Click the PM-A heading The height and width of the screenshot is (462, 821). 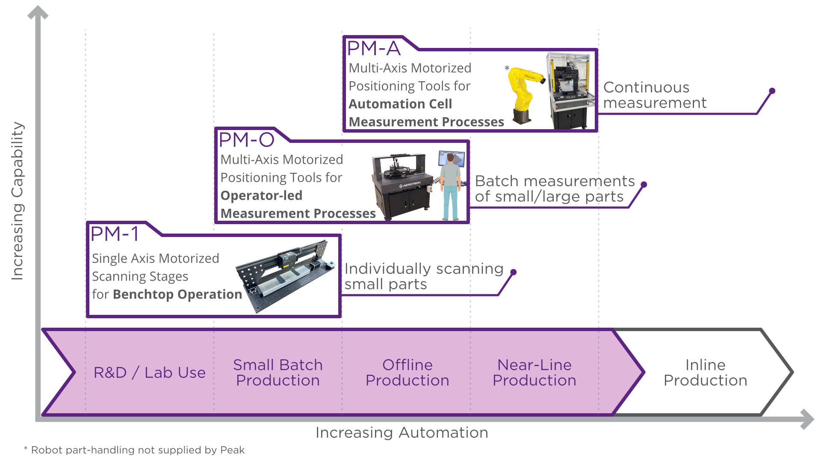[373, 48]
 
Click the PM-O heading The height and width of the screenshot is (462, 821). [246, 140]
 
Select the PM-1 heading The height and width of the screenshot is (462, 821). [115, 234]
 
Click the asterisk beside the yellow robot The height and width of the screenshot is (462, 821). [507, 68]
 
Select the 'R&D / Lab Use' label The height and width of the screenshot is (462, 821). [149, 373]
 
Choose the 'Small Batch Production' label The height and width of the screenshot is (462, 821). [278, 373]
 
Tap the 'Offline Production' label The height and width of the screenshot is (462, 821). [407, 373]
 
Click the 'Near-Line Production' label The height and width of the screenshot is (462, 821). [534, 373]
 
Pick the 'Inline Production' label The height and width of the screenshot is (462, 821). [705, 373]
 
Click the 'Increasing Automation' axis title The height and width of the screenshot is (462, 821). [402, 432]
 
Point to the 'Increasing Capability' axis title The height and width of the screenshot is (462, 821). [17, 201]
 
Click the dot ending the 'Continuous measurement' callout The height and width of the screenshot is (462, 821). [772, 91]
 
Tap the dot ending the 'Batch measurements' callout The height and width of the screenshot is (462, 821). [644, 184]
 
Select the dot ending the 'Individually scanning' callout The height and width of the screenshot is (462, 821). [514, 272]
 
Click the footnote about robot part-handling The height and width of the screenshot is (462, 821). [134, 450]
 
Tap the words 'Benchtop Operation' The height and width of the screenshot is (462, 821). [177, 294]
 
